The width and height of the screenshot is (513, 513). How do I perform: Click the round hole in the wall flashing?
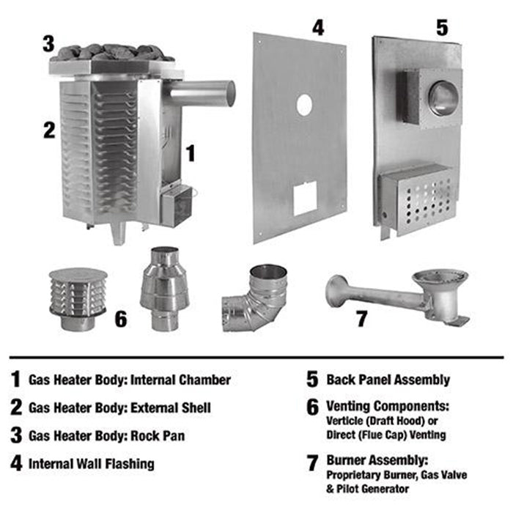303,106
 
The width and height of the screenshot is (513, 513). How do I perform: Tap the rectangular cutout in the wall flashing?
304,198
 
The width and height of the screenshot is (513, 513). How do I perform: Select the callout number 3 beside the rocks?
48,43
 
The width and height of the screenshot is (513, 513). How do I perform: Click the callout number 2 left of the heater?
48,130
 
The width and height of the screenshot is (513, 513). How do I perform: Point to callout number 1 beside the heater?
191,152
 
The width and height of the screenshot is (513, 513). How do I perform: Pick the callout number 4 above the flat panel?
317,28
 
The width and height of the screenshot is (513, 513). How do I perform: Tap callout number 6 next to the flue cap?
121,319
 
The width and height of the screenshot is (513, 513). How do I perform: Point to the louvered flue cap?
78,292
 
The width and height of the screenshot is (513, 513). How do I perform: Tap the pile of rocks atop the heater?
114,52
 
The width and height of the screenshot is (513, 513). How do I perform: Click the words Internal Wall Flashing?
92,463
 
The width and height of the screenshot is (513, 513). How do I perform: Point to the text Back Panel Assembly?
388,380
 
